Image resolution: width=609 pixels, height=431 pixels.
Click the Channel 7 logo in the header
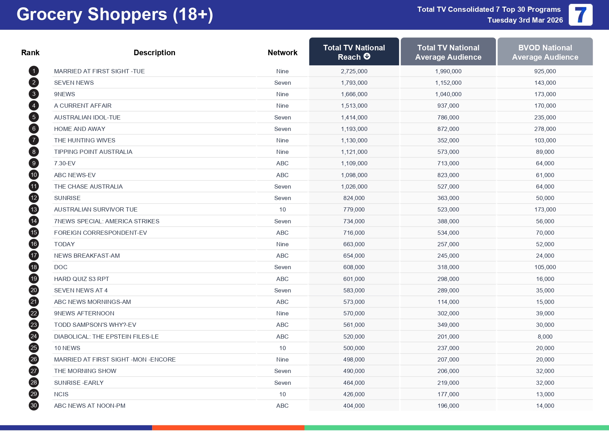coord(581,15)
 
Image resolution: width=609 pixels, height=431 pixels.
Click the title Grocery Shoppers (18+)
coord(115,15)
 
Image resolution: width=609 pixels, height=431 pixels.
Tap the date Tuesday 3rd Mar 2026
coord(525,20)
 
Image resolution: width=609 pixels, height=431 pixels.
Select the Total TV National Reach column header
coord(354,52)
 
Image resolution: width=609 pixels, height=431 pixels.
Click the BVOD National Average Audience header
coord(545,52)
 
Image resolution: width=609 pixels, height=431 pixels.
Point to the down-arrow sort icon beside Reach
coord(367,56)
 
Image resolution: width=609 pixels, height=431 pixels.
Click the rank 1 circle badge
coord(34,71)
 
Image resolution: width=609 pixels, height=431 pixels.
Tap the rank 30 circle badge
coord(34,406)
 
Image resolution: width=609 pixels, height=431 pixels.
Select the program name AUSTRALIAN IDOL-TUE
coord(87,117)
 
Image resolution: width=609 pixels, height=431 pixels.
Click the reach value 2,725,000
coord(354,71)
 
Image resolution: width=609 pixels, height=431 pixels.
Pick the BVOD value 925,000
coord(545,71)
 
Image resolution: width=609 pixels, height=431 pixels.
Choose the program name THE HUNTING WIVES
coord(85,140)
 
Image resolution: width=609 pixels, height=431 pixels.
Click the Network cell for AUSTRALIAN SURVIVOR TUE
coord(283,209)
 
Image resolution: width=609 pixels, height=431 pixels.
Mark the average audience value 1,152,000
coord(448,83)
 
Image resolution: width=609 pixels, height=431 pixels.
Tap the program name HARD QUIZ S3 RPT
coord(82,279)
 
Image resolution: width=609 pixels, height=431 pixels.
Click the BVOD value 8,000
coord(545,337)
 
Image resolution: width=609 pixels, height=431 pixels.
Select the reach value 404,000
coord(354,406)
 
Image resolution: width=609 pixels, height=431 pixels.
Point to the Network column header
coord(283,52)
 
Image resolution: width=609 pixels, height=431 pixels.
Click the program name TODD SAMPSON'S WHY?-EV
coord(95,325)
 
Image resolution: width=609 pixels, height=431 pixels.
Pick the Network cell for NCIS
coord(283,394)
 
